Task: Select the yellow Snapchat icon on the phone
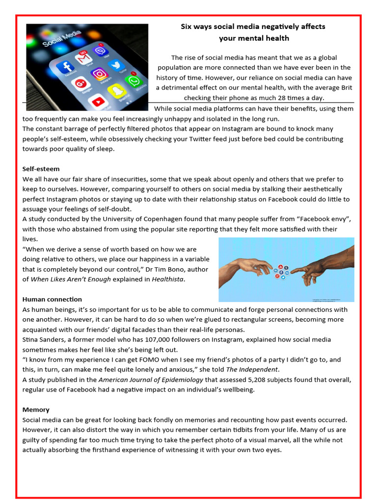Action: pyautogui.click(x=117, y=91)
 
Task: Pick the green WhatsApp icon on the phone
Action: pyautogui.click(x=133, y=81)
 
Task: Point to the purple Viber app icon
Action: pyautogui.click(x=102, y=49)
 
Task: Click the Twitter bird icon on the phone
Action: pyautogui.click(x=117, y=65)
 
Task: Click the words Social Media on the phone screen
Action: pyautogui.click(x=62, y=38)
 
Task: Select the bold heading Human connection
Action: pyautogui.click(x=52, y=299)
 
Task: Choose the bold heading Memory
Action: pyautogui.click(x=36, y=410)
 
